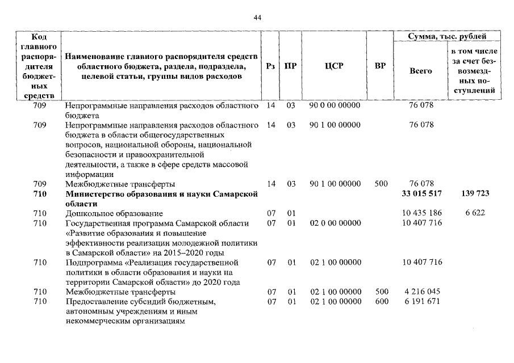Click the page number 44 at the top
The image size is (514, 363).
click(257, 19)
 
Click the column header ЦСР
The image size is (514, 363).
click(333, 66)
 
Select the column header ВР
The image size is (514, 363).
click(380, 66)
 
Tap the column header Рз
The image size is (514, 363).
click(271, 66)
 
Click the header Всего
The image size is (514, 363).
click(420, 71)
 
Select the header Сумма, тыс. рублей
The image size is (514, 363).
click(447, 36)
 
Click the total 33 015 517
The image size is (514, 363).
click(421, 193)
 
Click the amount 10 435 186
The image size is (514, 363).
click(421, 213)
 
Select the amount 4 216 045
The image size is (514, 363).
click(421, 292)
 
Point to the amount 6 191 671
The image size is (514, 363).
click(421, 301)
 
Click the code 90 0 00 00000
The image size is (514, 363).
click(335, 105)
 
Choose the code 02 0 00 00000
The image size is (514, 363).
click(335, 223)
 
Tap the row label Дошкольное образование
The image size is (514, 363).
click(114, 213)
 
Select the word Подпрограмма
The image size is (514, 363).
click(93, 262)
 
